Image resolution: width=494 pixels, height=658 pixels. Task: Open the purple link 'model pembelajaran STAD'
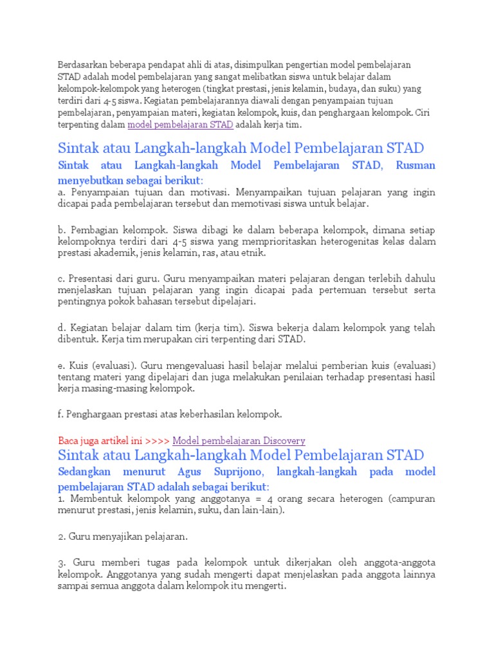click(x=180, y=125)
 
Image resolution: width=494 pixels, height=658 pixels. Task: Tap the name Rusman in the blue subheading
click(x=416, y=165)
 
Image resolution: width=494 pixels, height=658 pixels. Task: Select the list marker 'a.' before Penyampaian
click(x=62, y=192)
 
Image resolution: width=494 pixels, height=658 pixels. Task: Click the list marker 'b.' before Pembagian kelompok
click(x=62, y=229)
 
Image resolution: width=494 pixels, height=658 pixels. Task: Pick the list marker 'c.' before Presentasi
click(x=62, y=278)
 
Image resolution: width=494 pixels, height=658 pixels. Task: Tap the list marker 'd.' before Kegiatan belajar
click(x=62, y=328)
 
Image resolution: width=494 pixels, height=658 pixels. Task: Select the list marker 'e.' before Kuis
click(x=62, y=365)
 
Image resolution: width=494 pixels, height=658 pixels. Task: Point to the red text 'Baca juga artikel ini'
click(x=100, y=441)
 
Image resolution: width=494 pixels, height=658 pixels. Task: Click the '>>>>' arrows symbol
click(x=158, y=441)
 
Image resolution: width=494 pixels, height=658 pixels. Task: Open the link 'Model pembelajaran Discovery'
click(x=239, y=441)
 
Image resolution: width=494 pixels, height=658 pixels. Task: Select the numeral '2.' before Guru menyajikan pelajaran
click(x=62, y=536)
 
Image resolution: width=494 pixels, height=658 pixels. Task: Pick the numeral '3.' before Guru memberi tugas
click(x=62, y=563)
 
